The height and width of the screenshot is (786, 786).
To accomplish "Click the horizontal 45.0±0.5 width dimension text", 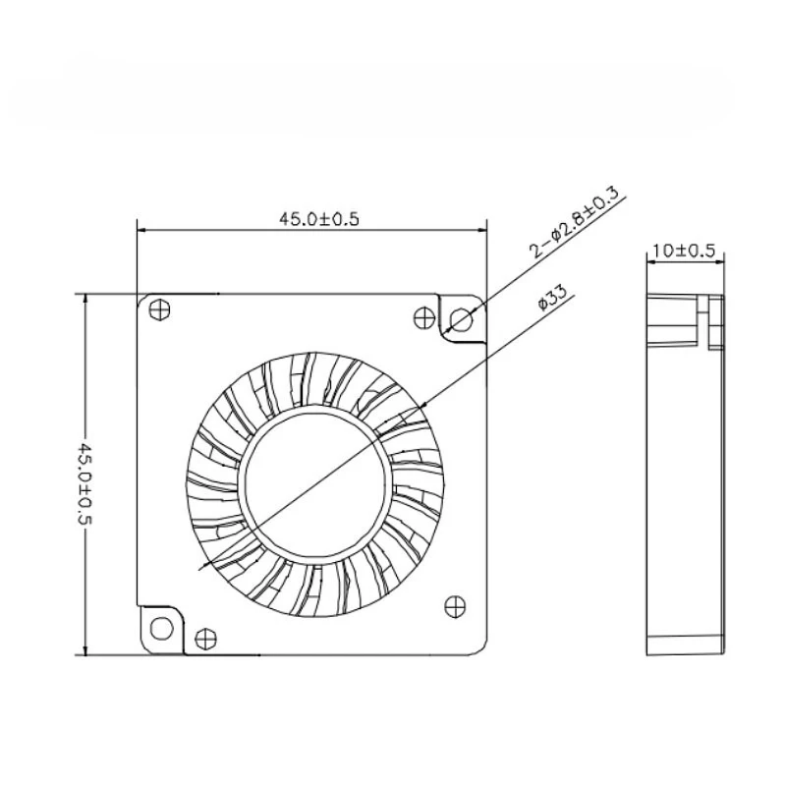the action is [318, 219].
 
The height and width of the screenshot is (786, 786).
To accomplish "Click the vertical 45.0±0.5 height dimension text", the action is [84, 483].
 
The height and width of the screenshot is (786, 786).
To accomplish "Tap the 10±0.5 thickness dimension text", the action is [684, 251].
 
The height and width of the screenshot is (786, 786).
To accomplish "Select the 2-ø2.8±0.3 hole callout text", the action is [576, 223].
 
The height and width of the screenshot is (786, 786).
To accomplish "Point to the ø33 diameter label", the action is [552, 298].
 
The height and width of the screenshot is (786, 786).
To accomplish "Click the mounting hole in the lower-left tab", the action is [161, 628].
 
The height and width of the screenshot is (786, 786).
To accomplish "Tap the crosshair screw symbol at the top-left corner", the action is [160, 309].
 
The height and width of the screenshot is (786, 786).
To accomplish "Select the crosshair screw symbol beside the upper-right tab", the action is [424, 317].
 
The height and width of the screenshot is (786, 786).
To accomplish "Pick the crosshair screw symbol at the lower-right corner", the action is [455, 607].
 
